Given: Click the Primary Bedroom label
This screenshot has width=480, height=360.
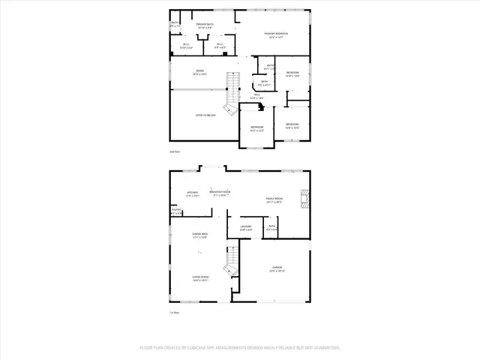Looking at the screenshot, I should [278, 34].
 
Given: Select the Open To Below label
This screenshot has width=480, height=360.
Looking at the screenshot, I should [205, 115].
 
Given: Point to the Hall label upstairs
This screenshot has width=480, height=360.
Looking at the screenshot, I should [256, 96].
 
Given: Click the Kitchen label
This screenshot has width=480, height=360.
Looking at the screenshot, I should [193, 193].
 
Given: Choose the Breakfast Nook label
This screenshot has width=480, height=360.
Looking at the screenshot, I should [220, 193].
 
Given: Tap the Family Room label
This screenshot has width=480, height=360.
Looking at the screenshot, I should [274, 199].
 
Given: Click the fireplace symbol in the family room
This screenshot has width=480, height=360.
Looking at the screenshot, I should [304, 197].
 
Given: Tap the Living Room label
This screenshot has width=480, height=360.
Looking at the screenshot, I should [199, 277].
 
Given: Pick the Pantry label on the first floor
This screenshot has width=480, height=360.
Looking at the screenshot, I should [176, 212].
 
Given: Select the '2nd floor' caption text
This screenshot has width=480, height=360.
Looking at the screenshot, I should [175, 151].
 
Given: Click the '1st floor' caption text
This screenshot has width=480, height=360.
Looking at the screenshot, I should [175, 313].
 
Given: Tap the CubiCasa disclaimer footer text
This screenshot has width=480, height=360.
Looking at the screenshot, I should [240, 348].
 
